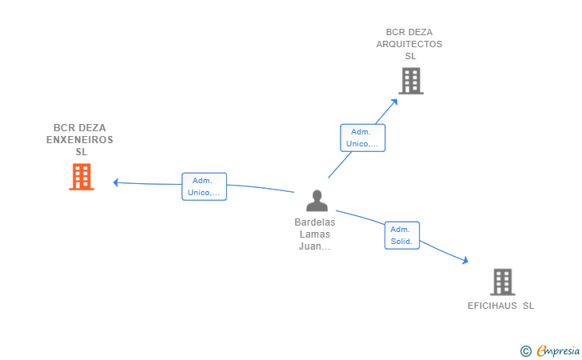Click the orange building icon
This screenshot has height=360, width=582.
pyautogui.click(x=82, y=177)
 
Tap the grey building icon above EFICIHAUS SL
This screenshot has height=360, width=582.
pyautogui.click(x=503, y=282)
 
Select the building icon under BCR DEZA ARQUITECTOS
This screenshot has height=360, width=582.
pyautogui.click(x=411, y=81)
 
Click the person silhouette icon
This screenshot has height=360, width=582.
pyautogui.click(x=317, y=201)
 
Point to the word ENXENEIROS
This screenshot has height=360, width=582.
pyautogui.click(x=80, y=140)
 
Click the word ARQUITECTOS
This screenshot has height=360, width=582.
pyautogui.click(x=409, y=44)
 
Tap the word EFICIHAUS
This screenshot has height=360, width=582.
pyautogui.click(x=492, y=306)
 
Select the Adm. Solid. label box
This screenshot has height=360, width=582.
pyautogui.click(x=402, y=235)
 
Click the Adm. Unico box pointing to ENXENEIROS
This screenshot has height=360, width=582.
pyautogui.click(x=204, y=186)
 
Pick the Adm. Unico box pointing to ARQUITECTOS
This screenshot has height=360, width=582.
pyautogui.click(x=363, y=138)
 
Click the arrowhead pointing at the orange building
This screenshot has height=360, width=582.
pyautogui.click(x=116, y=182)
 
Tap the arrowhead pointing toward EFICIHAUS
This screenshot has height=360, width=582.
pyautogui.click(x=464, y=260)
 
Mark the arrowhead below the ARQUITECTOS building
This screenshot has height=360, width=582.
pyautogui.click(x=394, y=102)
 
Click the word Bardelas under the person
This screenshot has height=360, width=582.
pyautogui.click(x=315, y=222)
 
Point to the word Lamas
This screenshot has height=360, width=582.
pyautogui.click(x=315, y=234)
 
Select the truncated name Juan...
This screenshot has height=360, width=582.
pyautogui.click(x=315, y=246)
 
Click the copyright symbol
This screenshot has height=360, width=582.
pyautogui.click(x=526, y=351)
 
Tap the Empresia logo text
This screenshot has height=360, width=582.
pyautogui.click(x=558, y=350)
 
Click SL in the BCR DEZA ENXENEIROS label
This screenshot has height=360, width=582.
pyautogui.click(x=82, y=151)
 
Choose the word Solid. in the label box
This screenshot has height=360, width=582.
pyautogui.click(x=401, y=242)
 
